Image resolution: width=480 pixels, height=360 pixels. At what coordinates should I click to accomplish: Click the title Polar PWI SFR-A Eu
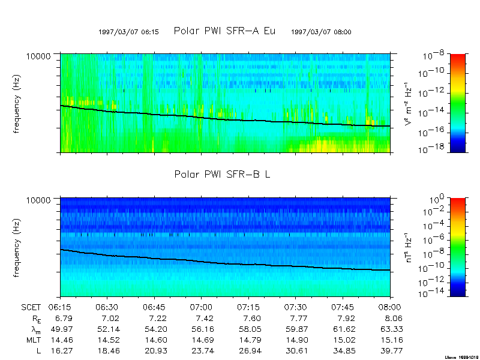point(224,31)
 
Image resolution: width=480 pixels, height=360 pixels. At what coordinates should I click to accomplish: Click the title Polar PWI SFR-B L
point(222,174)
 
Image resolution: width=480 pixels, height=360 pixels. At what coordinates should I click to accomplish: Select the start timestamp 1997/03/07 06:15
point(128,32)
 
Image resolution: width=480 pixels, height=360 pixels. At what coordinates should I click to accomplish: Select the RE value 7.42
point(202,318)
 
